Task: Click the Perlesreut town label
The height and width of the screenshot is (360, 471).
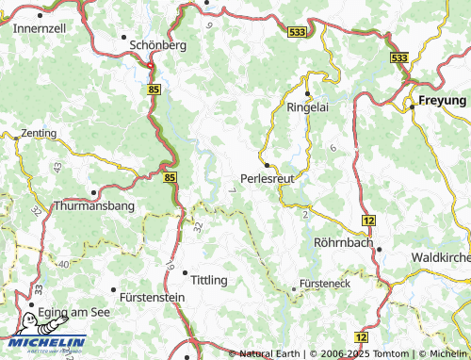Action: click(268, 177)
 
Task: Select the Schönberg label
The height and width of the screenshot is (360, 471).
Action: click(156, 44)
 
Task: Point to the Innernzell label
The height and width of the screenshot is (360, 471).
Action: click(40, 28)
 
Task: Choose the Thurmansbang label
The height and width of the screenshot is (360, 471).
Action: click(95, 205)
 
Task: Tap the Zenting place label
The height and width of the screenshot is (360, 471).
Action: click(39, 134)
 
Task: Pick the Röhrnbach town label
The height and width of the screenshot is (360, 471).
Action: click(342, 242)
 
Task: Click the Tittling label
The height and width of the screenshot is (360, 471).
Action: click(209, 280)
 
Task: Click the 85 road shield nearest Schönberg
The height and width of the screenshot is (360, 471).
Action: click(154, 88)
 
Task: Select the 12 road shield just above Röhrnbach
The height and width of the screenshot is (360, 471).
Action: click(368, 220)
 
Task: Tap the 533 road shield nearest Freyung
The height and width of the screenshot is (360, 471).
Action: click(398, 57)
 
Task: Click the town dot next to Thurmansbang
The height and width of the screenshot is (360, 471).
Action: click(94, 191)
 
